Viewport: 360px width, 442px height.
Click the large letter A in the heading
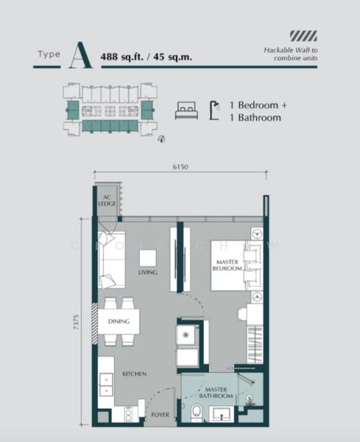click(x=80, y=55)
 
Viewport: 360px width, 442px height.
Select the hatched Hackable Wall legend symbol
click(x=303, y=34)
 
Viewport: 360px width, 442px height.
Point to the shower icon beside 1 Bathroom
click(x=215, y=110)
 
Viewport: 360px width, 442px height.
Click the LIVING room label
click(x=148, y=273)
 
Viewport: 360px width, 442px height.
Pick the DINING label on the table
click(x=119, y=321)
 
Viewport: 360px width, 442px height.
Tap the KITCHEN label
click(x=135, y=374)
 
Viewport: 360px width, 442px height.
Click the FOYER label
click(x=160, y=415)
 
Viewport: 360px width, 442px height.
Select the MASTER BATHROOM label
click(x=219, y=393)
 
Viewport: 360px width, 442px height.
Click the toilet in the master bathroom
click(x=194, y=411)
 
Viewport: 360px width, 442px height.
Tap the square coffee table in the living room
click(x=148, y=257)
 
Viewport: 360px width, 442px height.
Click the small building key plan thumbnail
click(x=110, y=110)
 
